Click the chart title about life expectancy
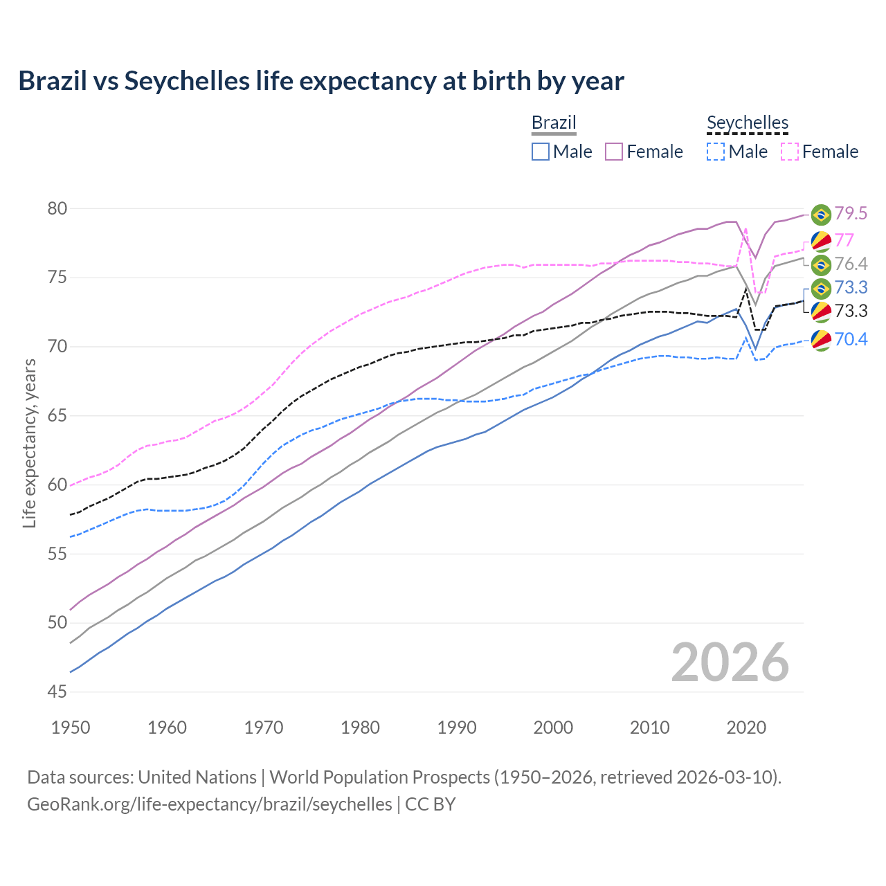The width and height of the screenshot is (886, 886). coord(321,81)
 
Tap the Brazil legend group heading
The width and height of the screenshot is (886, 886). coord(554,123)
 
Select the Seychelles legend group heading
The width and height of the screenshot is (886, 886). coord(748,123)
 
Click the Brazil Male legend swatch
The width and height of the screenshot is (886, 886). coord(541,152)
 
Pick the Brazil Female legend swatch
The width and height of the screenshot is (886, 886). coord(614,152)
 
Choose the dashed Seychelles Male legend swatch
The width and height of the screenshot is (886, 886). coord(716,152)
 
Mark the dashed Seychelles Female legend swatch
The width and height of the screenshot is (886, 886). coord(790,152)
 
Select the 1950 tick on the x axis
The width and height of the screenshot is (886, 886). coord(71,727)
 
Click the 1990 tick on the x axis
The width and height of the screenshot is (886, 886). coord(457,727)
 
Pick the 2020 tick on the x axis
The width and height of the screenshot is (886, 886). coord(746,727)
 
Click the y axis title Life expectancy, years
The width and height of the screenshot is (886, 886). coord(29,443)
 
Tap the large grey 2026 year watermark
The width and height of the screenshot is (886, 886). coord(730,662)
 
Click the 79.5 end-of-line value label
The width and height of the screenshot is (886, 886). coord(851,214)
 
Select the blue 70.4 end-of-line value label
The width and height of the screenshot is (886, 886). coord(851,339)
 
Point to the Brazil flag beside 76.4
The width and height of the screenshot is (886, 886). coord(821,264)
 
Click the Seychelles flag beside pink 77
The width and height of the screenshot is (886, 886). coord(821,241)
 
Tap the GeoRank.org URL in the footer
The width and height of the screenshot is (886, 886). coord(210,804)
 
